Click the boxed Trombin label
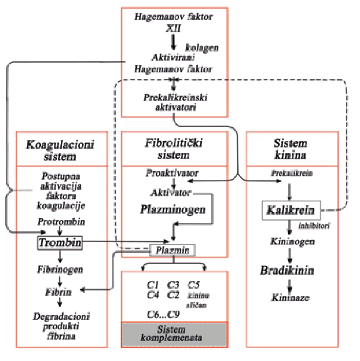point(60,243)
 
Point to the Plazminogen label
point(173,210)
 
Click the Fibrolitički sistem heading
point(173,149)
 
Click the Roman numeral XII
point(173,28)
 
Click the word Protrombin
point(62,222)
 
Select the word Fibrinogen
point(59,270)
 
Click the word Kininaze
point(290,298)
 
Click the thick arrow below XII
point(173,41)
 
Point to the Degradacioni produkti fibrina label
point(60,326)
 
